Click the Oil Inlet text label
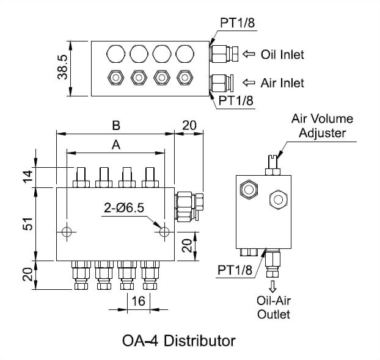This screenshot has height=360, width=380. [x=282, y=54]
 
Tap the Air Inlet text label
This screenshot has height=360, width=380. [x=282, y=82]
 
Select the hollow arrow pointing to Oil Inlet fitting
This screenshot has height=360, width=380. [x=249, y=54]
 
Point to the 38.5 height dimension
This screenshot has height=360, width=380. [x=62, y=68]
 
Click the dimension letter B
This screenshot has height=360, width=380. [x=115, y=125]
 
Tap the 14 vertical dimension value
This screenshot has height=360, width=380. [x=26, y=177]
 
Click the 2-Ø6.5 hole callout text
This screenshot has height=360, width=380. [x=125, y=207]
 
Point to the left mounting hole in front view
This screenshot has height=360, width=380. [x=68, y=232]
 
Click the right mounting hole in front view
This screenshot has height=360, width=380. [x=163, y=232]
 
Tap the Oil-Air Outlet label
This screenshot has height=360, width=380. [x=273, y=308]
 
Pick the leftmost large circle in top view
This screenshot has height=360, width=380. [x=114, y=54]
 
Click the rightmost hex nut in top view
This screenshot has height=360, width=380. [x=183, y=78]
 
